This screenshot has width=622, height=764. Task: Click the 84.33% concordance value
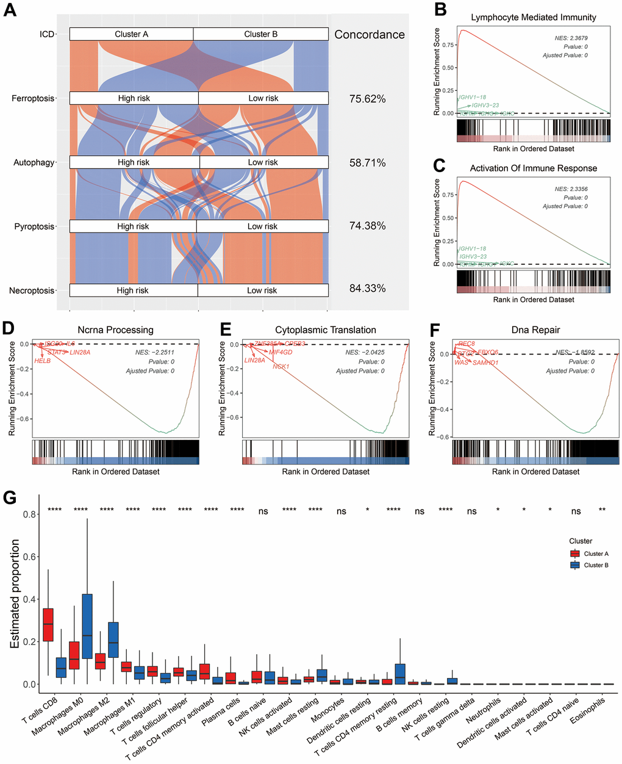click(367, 288)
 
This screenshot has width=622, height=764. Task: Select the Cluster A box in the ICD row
click(131, 34)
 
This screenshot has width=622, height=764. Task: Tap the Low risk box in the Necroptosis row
click(263, 290)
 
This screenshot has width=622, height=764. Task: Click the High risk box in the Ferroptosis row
click(134, 98)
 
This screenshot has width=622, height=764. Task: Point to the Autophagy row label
click(34, 162)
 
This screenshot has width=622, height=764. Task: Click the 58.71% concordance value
click(367, 163)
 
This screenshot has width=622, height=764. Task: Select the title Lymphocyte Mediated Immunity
click(534, 17)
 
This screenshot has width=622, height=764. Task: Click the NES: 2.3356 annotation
click(571, 189)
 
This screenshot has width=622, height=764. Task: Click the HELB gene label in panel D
click(43, 361)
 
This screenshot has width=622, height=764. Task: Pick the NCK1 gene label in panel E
click(281, 367)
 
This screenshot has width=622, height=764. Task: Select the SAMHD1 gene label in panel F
click(485, 363)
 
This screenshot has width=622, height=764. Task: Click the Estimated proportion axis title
click(15, 593)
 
